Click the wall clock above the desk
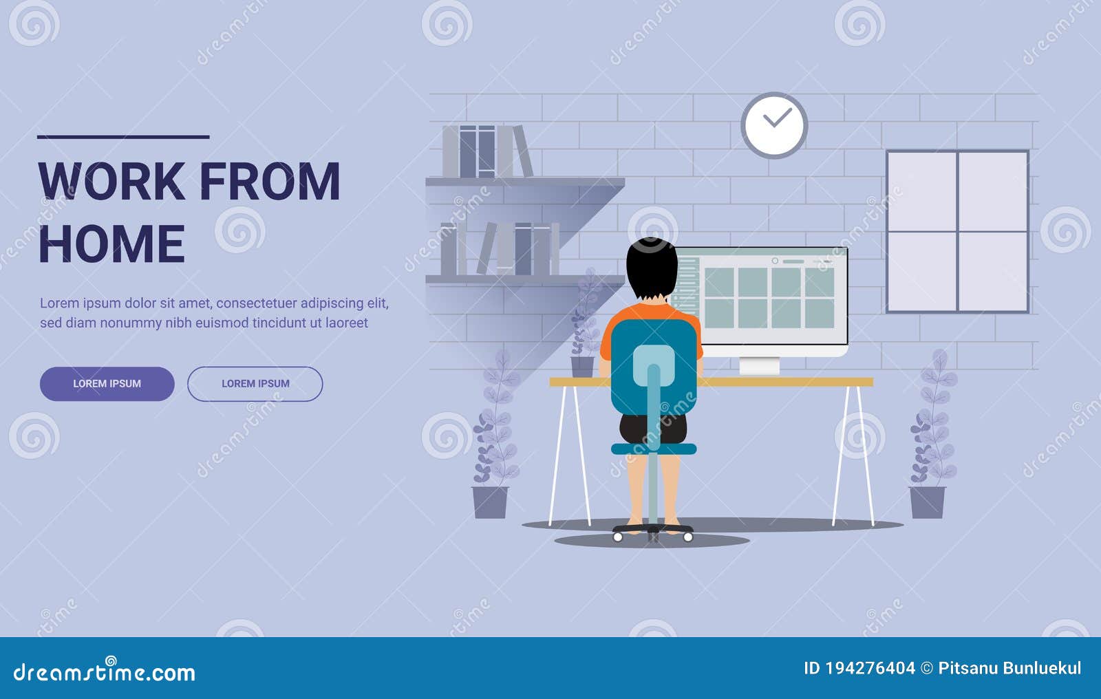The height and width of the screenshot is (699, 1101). pos(774,125)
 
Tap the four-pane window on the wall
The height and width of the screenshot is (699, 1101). pos(957,232)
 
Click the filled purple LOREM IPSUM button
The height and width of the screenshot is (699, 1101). pos(107,384)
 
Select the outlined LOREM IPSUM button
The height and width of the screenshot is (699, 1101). pos(255,384)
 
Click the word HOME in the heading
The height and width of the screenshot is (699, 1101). pos(111,244)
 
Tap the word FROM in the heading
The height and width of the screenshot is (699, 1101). pos(270,182)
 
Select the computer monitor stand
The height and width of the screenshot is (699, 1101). pos(759,365)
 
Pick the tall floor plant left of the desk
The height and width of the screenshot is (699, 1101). pos(493,440)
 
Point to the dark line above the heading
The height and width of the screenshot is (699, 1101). pos(123,137)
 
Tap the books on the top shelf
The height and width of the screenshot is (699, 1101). pos(487,151)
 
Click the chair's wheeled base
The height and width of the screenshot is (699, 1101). pos(653,532)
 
